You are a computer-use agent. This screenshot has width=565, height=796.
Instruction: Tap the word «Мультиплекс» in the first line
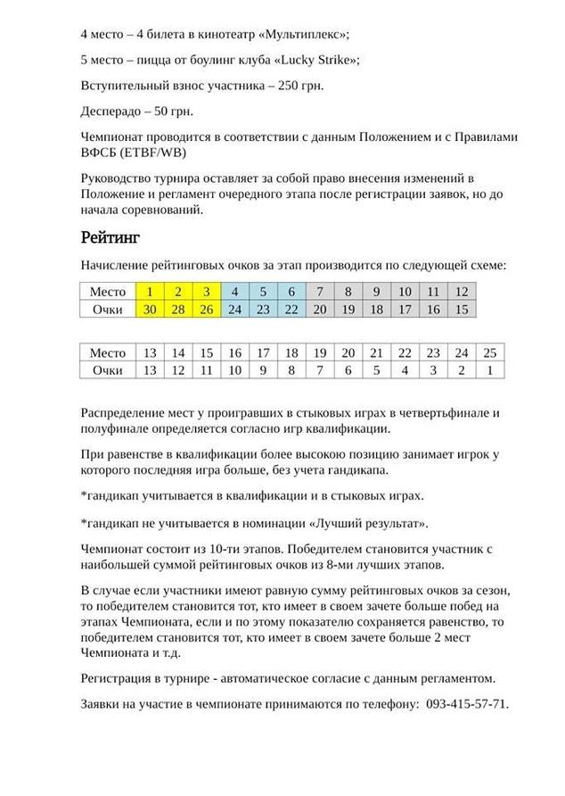(302, 35)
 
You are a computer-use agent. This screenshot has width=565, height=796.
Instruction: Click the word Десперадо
(115, 112)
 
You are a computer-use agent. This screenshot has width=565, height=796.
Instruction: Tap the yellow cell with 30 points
(150, 309)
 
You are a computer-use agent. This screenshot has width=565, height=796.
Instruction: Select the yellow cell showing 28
(178, 309)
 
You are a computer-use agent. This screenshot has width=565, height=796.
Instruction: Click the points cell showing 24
(234, 309)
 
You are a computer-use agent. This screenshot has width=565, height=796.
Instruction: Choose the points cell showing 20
(320, 309)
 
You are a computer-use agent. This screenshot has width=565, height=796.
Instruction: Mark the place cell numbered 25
(489, 352)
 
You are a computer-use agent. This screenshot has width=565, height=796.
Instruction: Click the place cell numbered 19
(320, 352)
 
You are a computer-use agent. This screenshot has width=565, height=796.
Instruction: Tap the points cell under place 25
(489, 370)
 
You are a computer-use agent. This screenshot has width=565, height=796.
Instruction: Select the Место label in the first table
(108, 292)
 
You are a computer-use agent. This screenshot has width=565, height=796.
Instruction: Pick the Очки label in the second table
(108, 370)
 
